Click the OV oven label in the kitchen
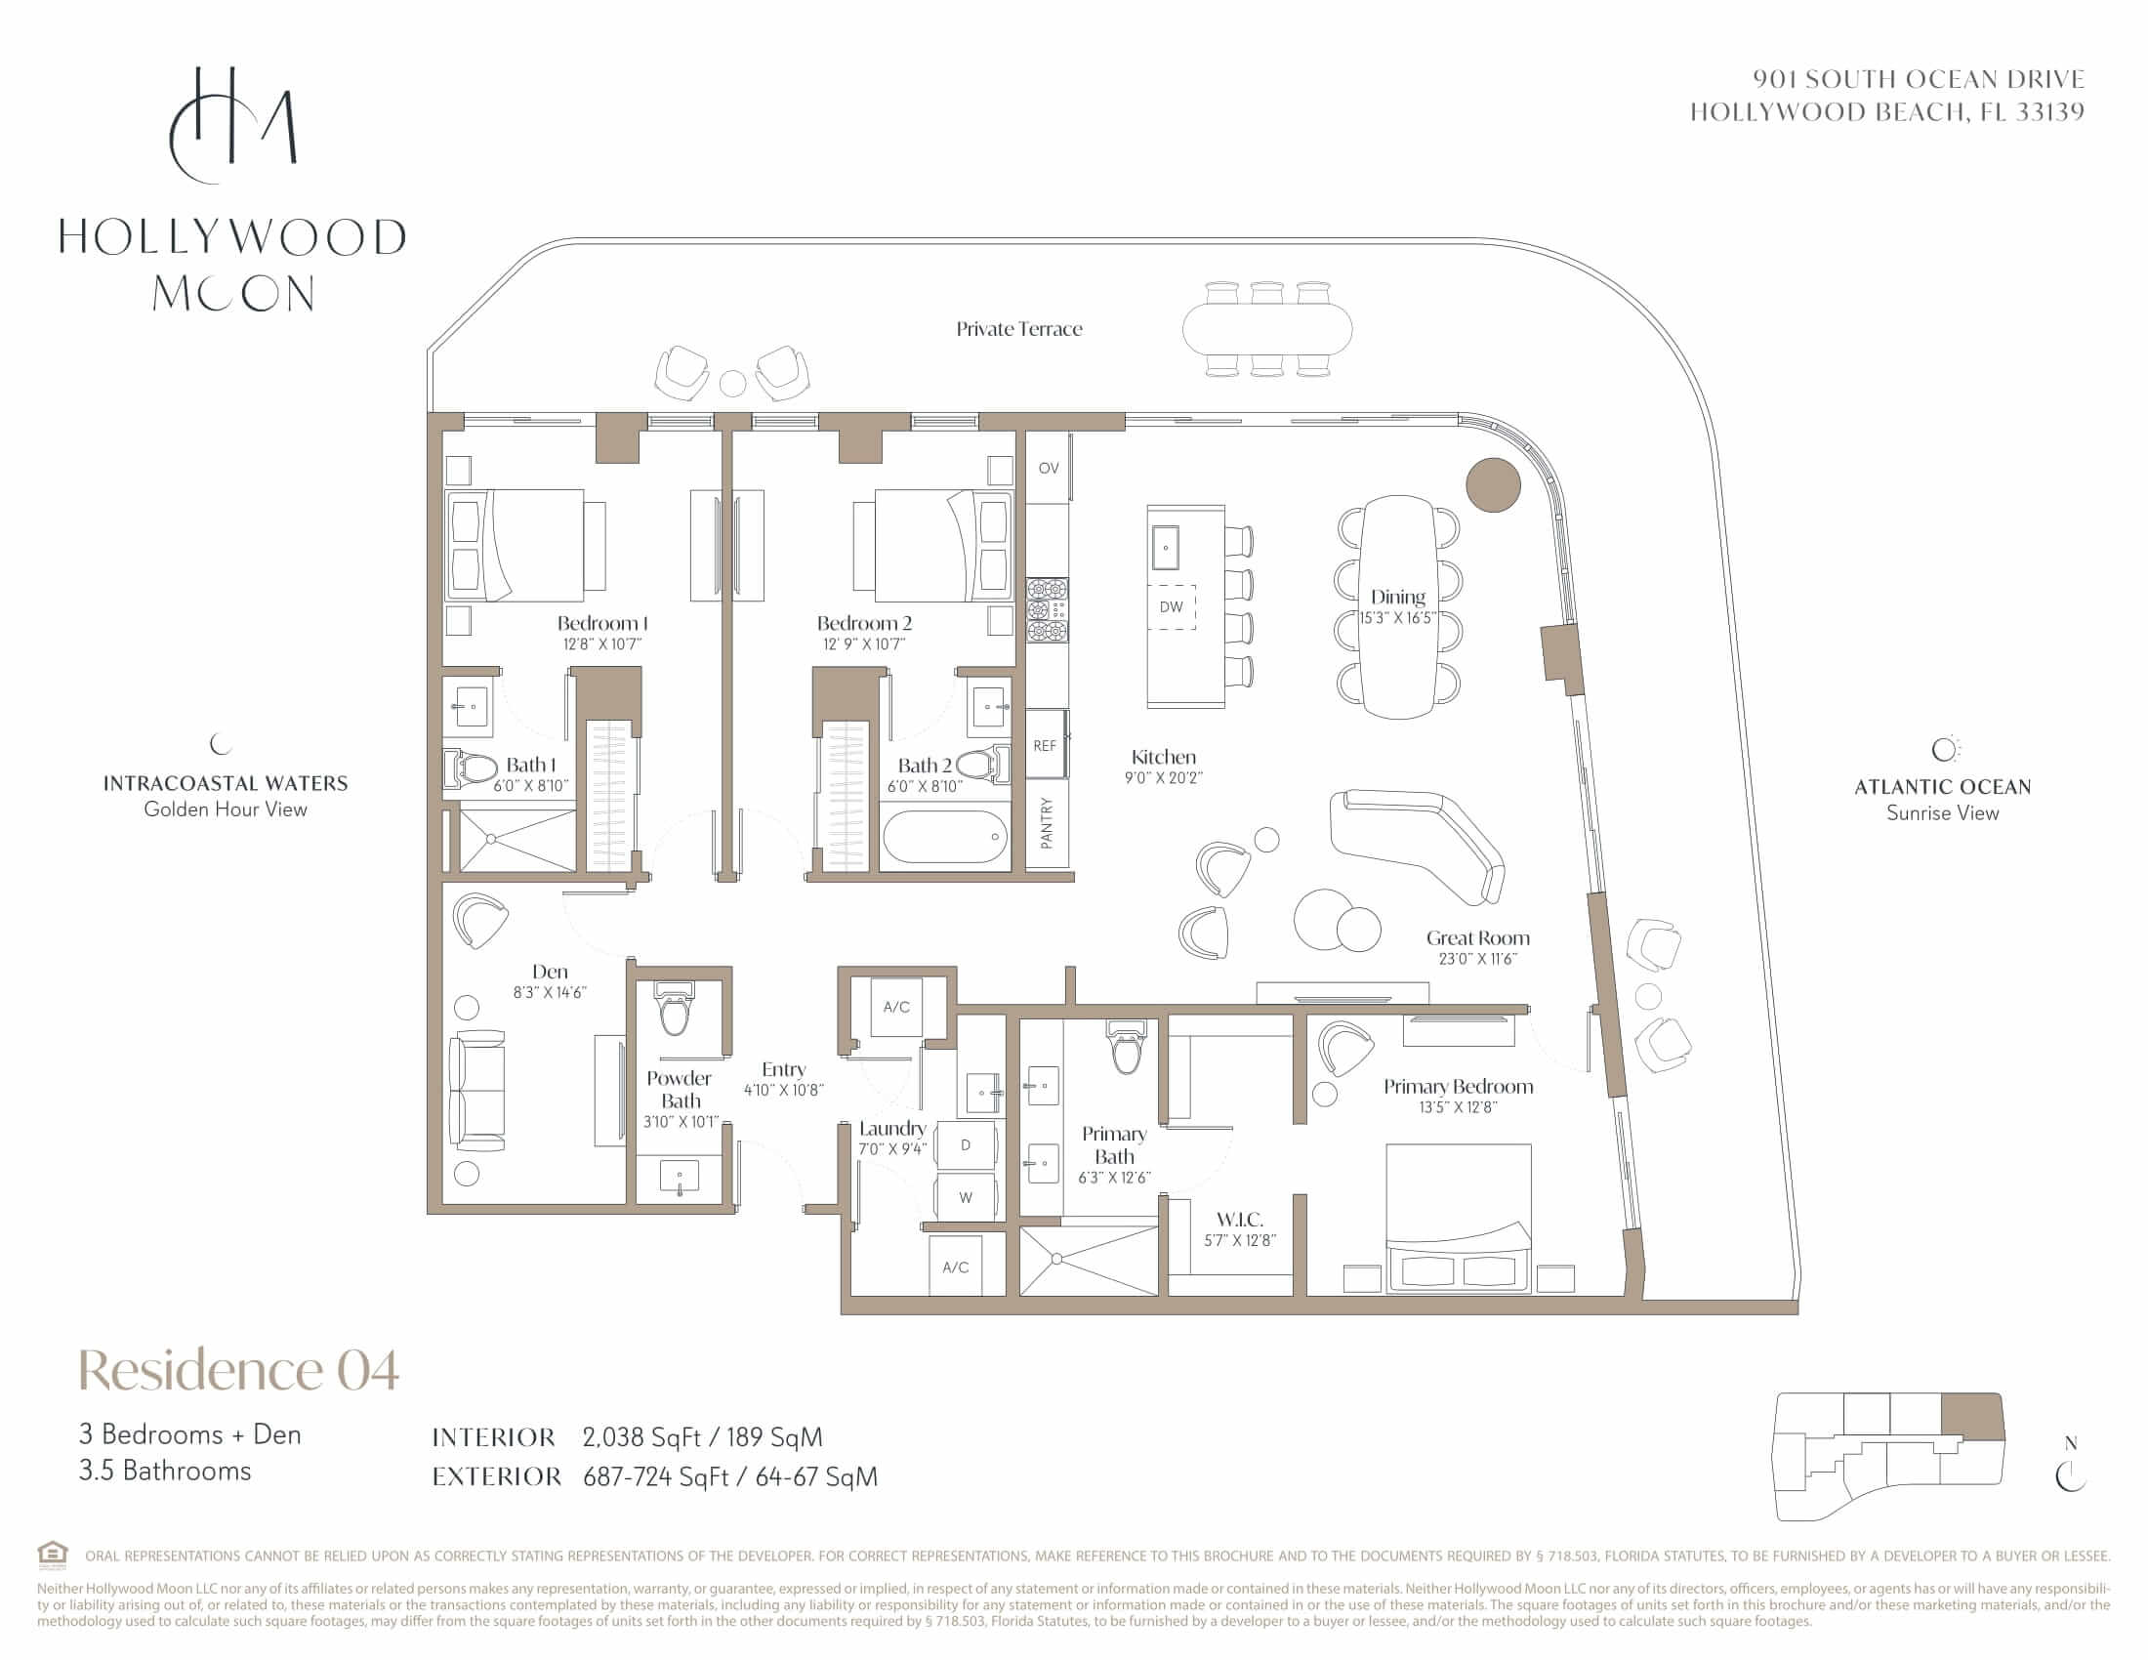[1049, 468]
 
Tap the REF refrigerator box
[1047, 744]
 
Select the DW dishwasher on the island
[1171, 606]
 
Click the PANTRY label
[1047, 823]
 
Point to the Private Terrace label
[1019, 328]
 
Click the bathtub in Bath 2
[945, 836]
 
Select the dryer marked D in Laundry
[966, 1144]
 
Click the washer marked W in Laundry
[966, 1197]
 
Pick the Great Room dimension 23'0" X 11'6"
[1477, 959]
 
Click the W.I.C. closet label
[1239, 1220]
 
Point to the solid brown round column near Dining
[1493, 485]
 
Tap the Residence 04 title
[239, 1369]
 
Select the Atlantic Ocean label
[1942, 787]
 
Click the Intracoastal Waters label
[226, 784]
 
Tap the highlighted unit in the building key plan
[1971, 1418]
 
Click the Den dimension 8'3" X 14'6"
[549, 993]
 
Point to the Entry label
[784, 1069]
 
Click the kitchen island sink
[1166, 547]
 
